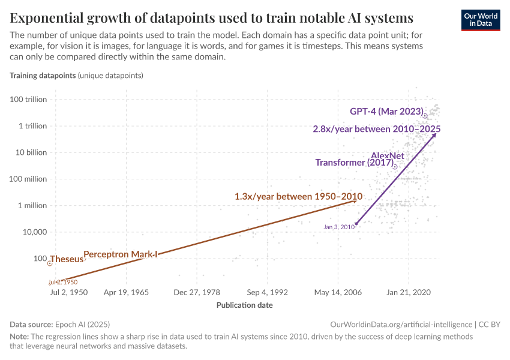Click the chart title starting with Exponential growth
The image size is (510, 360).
pyautogui.click(x=211, y=16)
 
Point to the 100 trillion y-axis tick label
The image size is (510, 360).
pyautogui.click(x=28, y=100)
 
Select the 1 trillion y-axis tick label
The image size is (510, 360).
pyautogui.click(x=32, y=126)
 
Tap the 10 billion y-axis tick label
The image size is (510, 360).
pyautogui.click(x=29, y=152)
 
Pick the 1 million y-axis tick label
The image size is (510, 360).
pyautogui.click(x=31, y=205)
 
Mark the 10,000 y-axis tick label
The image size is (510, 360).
pyautogui.click(x=34, y=232)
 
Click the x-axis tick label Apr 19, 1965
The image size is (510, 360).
pyautogui.click(x=126, y=293)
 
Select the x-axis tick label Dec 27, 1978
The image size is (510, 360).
pyautogui.click(x=197, y=293)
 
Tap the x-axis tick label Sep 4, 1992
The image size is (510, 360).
pyautogui.click(x=267, y=293)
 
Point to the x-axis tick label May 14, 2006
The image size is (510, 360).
pyautogui.click(x=338, y=293)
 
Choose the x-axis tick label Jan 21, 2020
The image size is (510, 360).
pyautogui.click(x=409, y=293)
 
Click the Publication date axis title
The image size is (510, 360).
pyautogui.click(x=244, y=305)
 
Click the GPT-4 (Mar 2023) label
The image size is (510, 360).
pyautogui.click(x=387, y=112)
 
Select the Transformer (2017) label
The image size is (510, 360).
pyautogui.click(x=354, y=163)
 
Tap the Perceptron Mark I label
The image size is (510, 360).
pyautogui.click(x=120, y=254)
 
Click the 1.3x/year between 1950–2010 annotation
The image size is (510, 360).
pyautogui.click(x=298, y=196)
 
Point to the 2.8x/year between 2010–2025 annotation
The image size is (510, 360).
pyautogui.click(x=377, y=129)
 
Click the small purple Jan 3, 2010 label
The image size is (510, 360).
pyautogui.click(x=338, y=227)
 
